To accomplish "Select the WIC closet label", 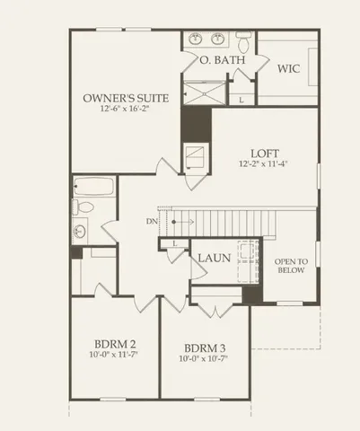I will (289, 68).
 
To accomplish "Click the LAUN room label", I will (215, 258).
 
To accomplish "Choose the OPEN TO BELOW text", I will (291, 266).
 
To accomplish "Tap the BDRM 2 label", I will (115, 344).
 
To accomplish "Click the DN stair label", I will (151, 221).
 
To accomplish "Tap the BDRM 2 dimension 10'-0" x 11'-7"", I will (115, 356).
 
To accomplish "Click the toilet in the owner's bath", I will (244, 40).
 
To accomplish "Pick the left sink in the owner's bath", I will (198, 40).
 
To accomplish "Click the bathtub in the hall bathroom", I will (93, 189).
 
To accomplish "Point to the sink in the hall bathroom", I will (81, 230).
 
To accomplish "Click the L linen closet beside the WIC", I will (241, 100).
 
